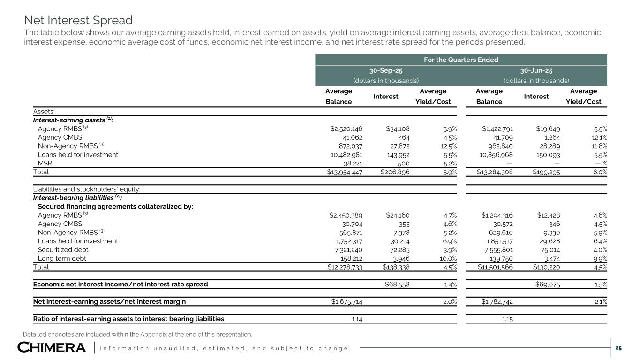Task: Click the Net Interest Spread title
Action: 78,21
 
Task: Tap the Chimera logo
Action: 52,348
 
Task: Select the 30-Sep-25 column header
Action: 386,71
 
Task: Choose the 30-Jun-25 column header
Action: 536,71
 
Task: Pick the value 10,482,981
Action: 345,154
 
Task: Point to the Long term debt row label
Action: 62,258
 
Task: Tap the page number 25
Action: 618,348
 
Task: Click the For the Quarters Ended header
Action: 461,60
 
